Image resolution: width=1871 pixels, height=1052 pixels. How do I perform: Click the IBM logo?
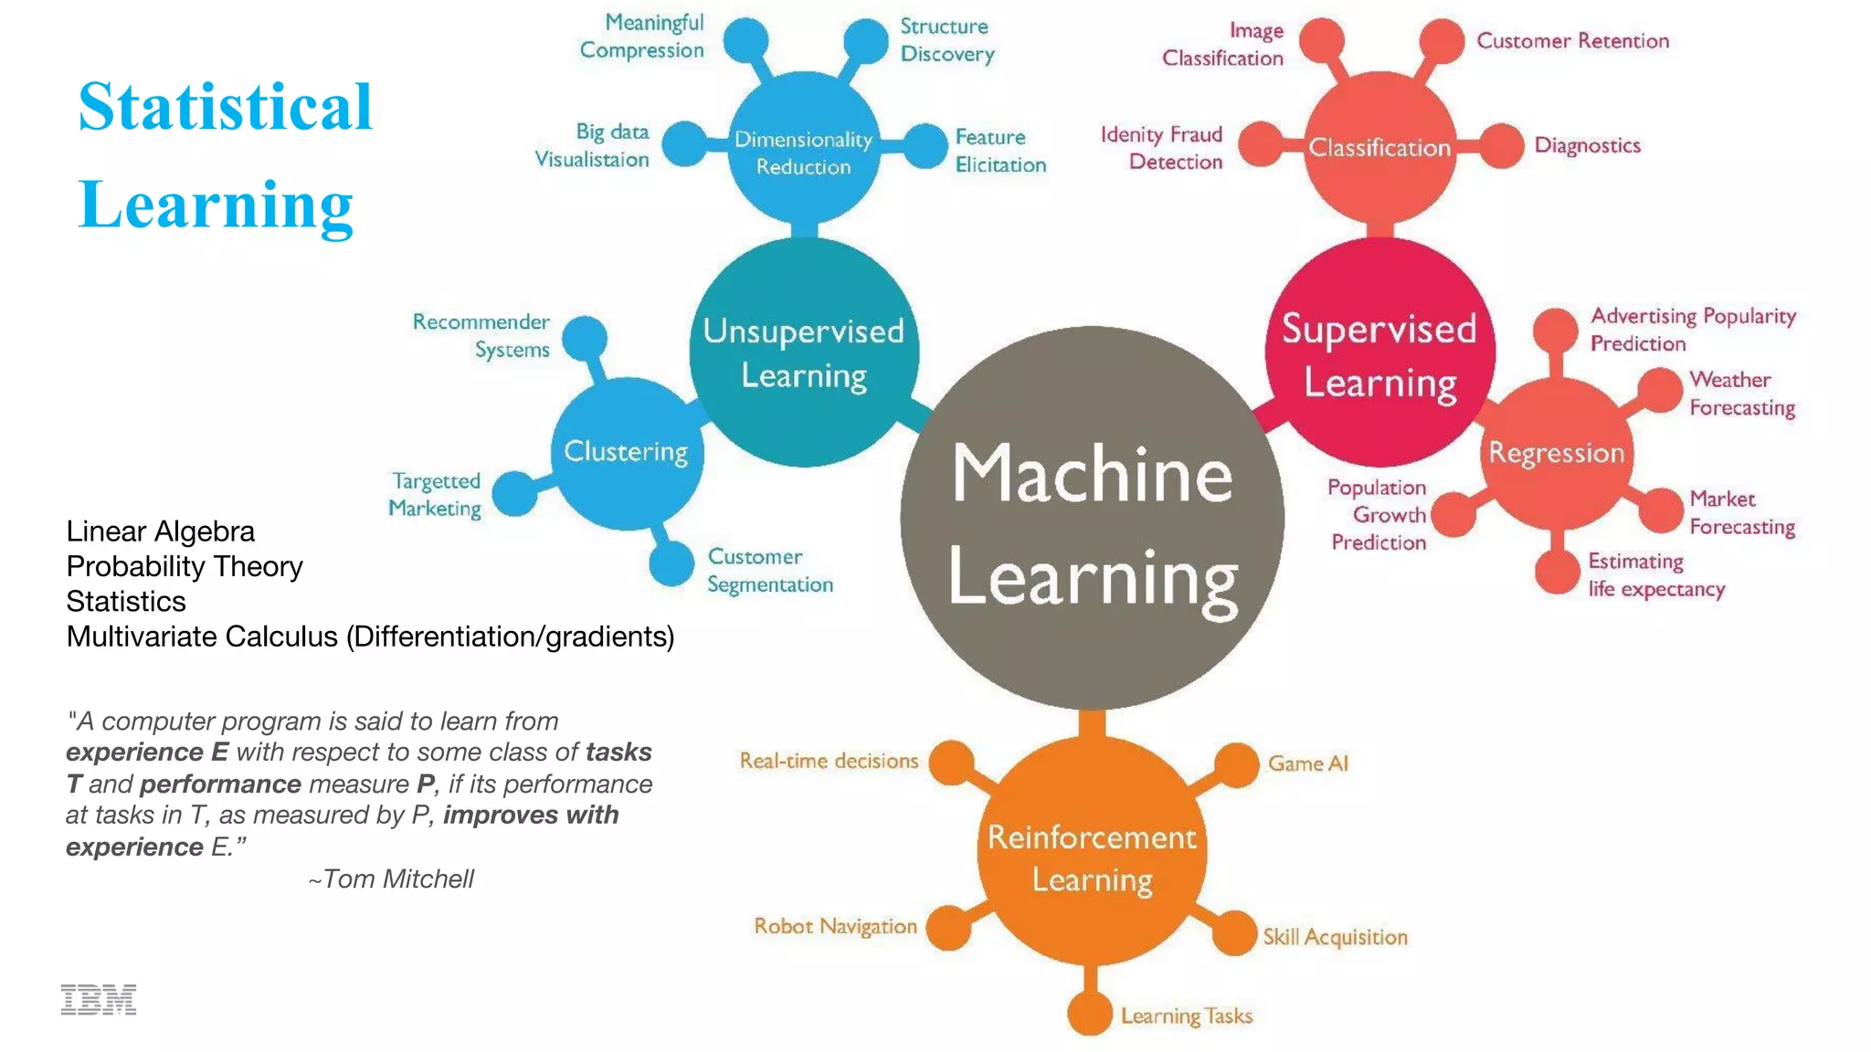click(99, 1000)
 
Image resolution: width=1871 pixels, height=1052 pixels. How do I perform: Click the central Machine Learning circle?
click(1092, 519)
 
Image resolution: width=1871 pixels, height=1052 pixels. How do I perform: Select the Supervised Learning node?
click(1379, 354)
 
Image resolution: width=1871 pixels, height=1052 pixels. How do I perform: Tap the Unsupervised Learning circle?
click(804, 353)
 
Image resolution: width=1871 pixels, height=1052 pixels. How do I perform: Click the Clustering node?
click(627, 452)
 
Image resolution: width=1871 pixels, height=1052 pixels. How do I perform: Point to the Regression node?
click(1557, 453)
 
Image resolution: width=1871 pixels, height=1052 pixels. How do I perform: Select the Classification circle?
click(1379, 147)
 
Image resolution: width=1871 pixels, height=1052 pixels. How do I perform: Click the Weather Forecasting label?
click(1741, 394)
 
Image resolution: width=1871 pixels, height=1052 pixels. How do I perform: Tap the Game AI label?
click(1307, 763)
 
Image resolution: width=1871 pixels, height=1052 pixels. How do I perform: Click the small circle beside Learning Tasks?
click(1089, 1014)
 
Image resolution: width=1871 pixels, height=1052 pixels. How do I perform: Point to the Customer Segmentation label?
click(770, 571)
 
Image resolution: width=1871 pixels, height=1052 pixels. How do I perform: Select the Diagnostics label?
click(1587, 145)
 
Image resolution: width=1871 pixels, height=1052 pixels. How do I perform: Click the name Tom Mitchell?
click(398, 878)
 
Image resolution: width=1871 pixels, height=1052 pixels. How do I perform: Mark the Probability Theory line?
click(185, 566)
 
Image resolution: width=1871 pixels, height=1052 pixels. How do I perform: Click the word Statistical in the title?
click(225, 107)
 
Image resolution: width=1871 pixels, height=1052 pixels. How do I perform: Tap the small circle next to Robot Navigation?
click(949, 928)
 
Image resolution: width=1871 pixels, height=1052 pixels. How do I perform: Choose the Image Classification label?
click(1222, 45)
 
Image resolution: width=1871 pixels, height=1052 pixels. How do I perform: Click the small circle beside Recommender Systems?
click(585, 339)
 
